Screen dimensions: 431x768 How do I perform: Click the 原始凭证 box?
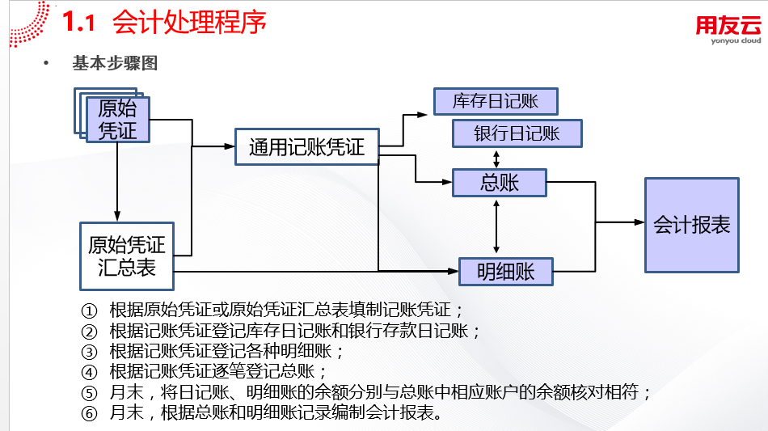[x=118, y=120]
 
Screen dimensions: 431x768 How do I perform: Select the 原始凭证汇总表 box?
[x=127, y=256]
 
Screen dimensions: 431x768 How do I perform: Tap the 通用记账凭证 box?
[x=306, y=147]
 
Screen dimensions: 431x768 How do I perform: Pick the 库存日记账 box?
[x=496, y=101]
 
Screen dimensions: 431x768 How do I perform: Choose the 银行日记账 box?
[x=517, y=133]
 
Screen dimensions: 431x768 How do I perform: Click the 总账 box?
[x=500, y=183]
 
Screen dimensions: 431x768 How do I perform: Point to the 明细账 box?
[x=506, y=272]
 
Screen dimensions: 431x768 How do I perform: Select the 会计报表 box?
[x=691, y=225]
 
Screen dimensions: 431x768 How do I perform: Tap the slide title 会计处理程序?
[x=190, y=22]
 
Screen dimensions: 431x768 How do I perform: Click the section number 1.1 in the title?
[x=79, y=23]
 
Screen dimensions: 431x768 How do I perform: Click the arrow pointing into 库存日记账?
[x=416, y=115]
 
